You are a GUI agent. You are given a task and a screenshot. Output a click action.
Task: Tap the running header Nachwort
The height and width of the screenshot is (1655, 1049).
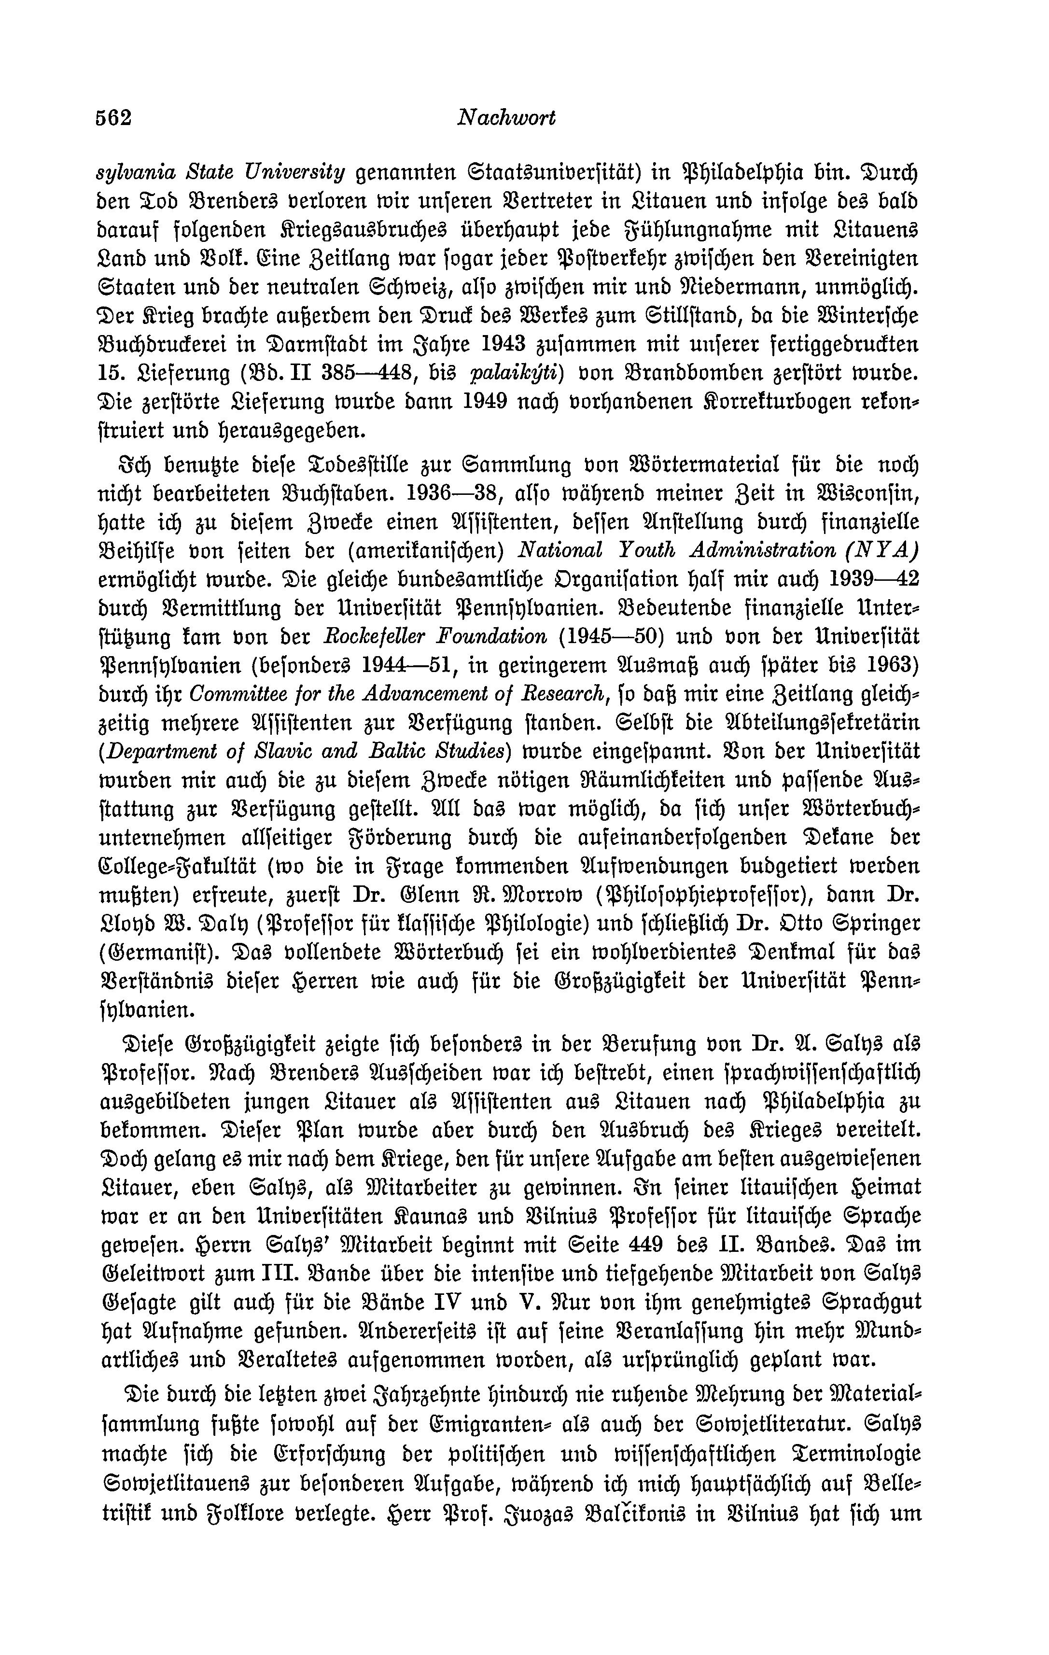(x=505, y=119)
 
